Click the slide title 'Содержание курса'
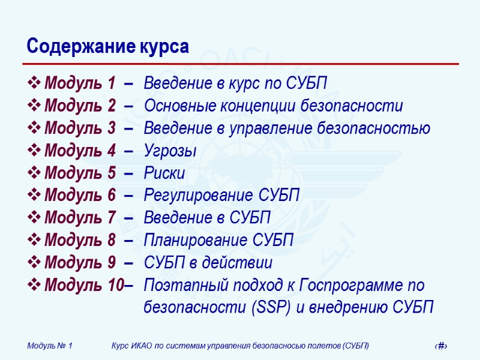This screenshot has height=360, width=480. coord(108,47)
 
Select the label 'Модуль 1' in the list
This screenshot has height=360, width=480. coord(79,83)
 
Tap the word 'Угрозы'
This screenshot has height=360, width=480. coord(170,151)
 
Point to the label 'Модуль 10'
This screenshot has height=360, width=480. coord(83,286)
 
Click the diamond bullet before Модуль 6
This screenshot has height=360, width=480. coord(35,196)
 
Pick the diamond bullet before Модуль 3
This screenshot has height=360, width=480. coord(35,128)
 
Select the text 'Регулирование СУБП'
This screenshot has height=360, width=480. coord(221,196)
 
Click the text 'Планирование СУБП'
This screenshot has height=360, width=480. coord(218,241)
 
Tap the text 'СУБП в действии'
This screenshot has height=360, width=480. coord(208,263)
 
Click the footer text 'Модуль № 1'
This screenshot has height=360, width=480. coord(50,346)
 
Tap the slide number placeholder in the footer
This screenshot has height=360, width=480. coord(442,346)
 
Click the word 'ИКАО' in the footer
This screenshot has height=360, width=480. coord(145,346)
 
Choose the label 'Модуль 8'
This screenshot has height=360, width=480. coord(79,241)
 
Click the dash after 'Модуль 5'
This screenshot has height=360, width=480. coord(128,173)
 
